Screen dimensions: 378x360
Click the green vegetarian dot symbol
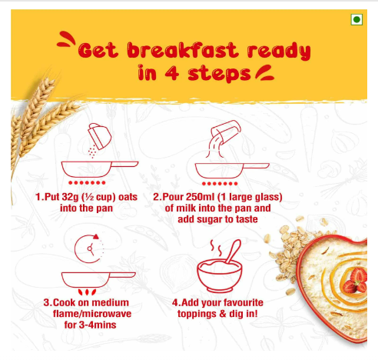[356, 19]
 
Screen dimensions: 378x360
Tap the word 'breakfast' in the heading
[183, 50]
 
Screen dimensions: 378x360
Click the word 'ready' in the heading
[279, 52]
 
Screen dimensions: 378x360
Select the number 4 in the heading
[171, 73]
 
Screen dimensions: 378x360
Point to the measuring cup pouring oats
[100, 136]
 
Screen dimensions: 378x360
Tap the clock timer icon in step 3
[90, 248]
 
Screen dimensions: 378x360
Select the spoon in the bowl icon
[234, 252]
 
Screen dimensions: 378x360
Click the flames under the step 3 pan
[87, 292]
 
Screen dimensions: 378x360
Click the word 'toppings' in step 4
[197, 315]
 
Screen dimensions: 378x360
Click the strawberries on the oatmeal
[356, 281]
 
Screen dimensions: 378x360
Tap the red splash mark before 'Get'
[66, 39]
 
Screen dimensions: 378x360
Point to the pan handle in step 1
[125, 164]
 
